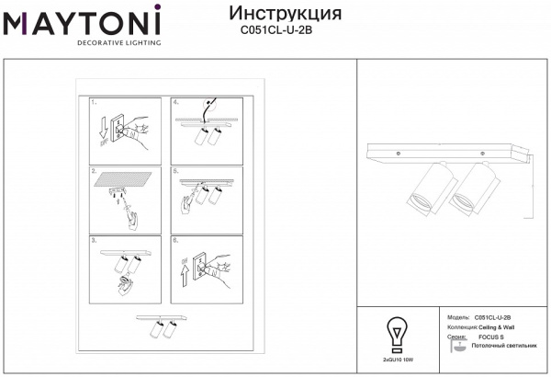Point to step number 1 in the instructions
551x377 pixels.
pyautogui.click(x=94, y=104)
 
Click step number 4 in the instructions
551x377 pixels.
pyautogui.click(x=175, y=104)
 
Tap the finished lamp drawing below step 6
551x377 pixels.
pyautogui.click(x=163, y=326)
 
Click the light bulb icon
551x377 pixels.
pyautogui.click(x=396, y=332)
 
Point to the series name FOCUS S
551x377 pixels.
pyautogui.click(x=492, y=337)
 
